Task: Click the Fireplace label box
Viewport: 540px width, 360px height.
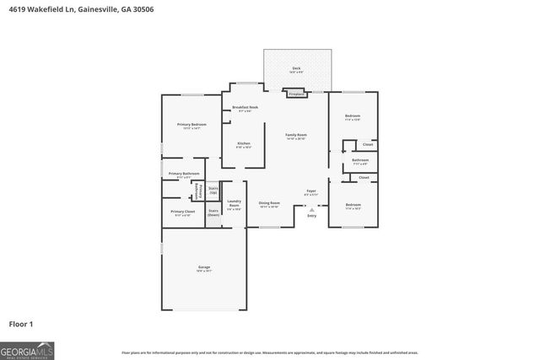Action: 296,94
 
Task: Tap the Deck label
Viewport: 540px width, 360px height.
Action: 296,68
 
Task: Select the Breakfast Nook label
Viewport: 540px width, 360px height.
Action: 245,107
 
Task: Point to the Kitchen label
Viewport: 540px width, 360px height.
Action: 243,144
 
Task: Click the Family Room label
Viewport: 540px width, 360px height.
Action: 295,136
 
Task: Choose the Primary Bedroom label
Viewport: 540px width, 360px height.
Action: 192,125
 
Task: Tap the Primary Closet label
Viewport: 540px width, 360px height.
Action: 182,212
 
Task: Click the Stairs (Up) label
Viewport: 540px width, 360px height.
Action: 213,191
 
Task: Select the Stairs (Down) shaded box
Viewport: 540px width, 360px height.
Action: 213,212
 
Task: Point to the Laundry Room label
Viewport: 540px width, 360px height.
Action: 234,203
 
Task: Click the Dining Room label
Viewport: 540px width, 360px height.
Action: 269,203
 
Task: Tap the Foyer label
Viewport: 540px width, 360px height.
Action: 310,193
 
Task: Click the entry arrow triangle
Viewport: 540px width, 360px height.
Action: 311,208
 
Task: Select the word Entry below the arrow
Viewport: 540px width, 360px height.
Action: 311,216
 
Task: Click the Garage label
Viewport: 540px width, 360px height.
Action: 204,269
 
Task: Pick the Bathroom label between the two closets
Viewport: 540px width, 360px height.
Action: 360,160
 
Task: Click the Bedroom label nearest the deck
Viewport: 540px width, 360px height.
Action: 352,116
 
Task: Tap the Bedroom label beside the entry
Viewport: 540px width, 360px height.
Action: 354,205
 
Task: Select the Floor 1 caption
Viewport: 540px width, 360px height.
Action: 21,323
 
